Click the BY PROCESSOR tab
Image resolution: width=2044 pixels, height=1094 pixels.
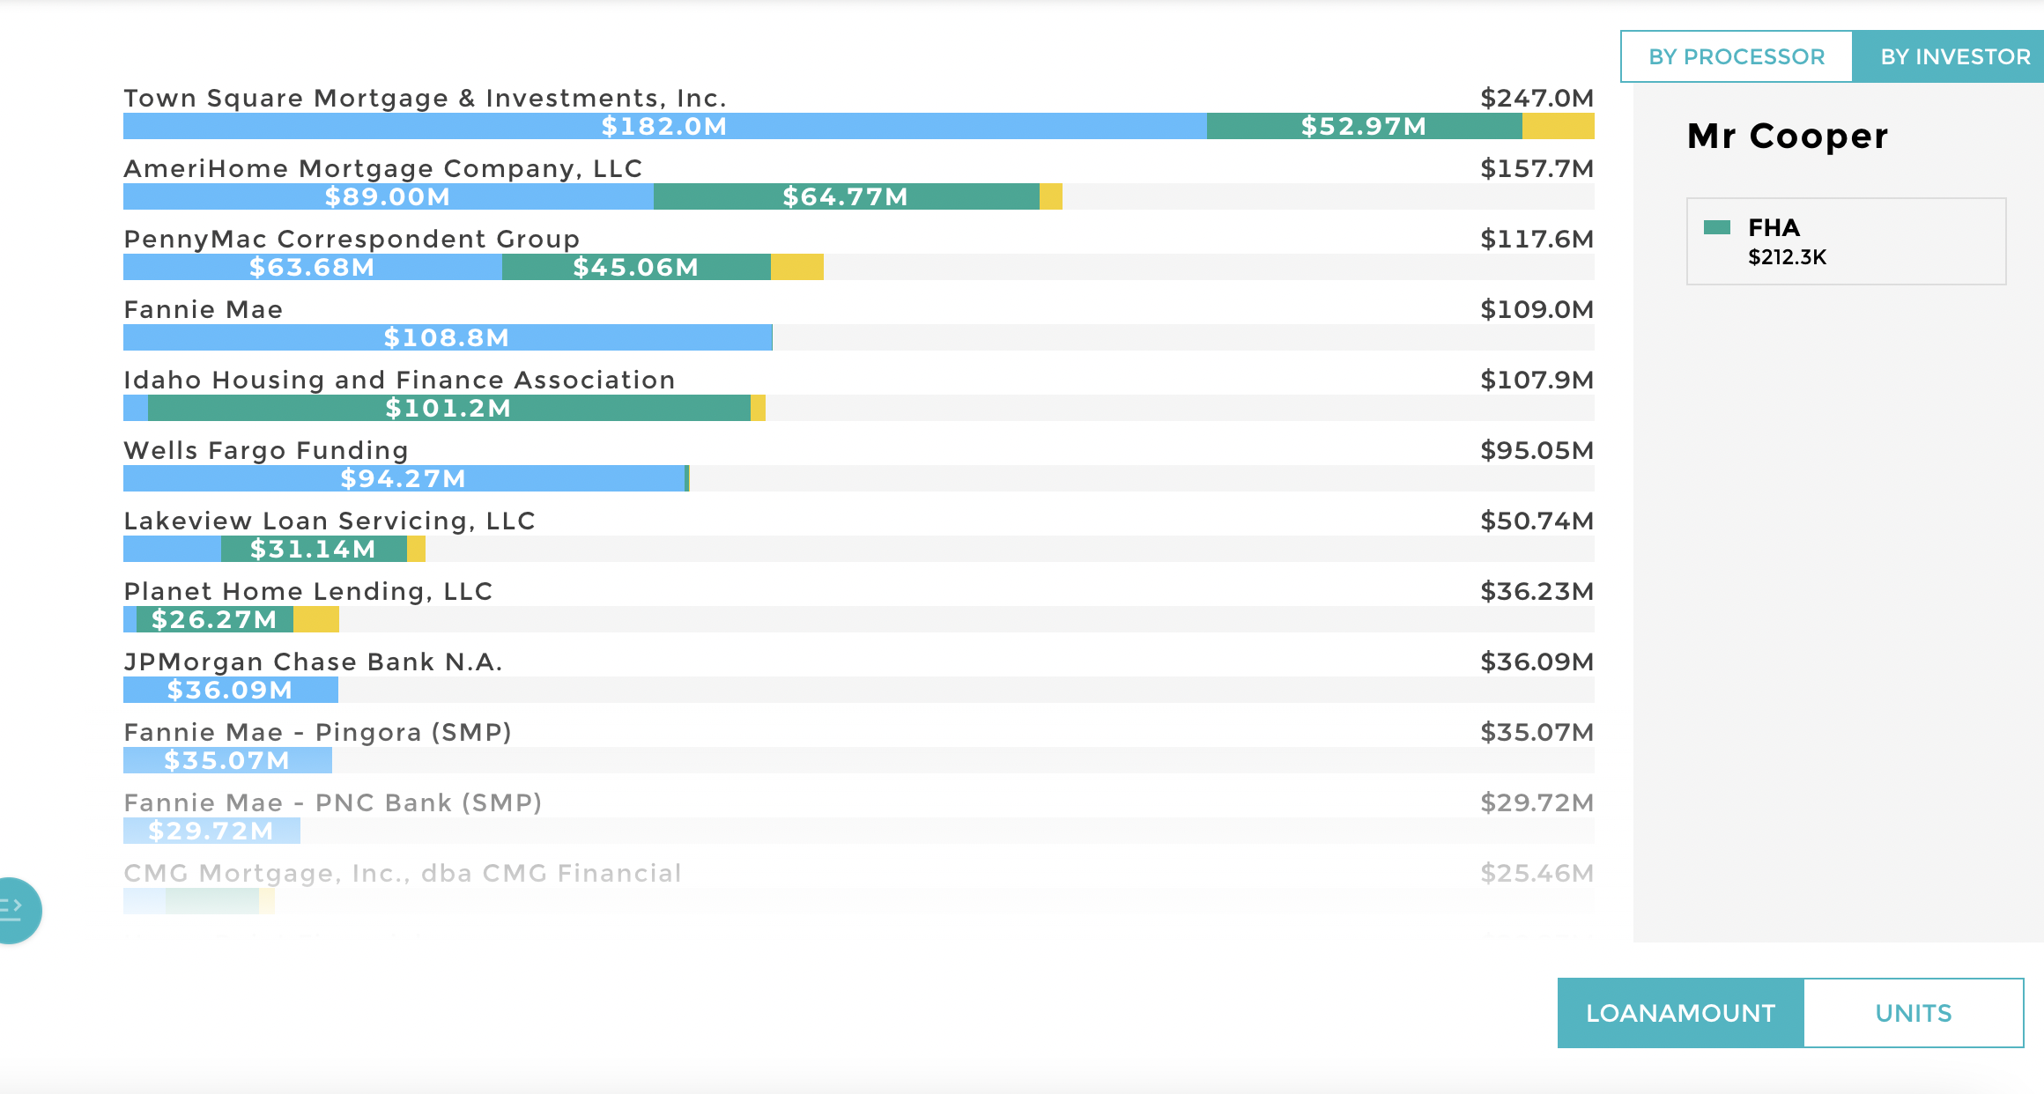[x=1736, y=56]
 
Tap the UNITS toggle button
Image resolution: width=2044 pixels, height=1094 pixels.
[x=1913, y=1013]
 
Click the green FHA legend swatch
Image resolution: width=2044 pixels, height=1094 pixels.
[x=1716, y=227]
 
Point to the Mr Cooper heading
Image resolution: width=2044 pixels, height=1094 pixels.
[x=1787, y=137]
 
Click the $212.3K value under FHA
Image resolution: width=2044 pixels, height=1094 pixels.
[x=1787, y=257]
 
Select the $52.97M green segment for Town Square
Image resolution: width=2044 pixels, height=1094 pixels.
[x=1363, y=126]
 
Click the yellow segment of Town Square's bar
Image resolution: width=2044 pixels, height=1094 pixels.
[x=1558, y=126]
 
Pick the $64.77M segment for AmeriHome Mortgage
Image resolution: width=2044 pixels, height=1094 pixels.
[x=845, y=196]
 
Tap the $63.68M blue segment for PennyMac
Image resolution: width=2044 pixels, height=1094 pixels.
[x=312, y=267]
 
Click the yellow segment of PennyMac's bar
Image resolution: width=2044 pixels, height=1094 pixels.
[x=796, y=267]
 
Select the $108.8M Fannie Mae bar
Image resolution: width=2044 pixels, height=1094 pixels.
[x=447, y=337]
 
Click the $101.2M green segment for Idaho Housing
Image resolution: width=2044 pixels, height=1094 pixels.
[x=448, y=408]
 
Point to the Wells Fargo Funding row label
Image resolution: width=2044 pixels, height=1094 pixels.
[x=266, y=450]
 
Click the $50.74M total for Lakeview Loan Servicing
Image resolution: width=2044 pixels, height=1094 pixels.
[x=1537, y=521]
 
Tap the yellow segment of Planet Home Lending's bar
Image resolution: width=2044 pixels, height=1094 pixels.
[x=316, y=619]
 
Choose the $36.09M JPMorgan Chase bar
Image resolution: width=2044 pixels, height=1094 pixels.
[x=230, y=690]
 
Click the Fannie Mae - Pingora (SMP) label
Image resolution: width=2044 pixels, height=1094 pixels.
[x=317, y=732]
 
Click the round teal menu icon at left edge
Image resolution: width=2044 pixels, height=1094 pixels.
[x=16, y=910]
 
